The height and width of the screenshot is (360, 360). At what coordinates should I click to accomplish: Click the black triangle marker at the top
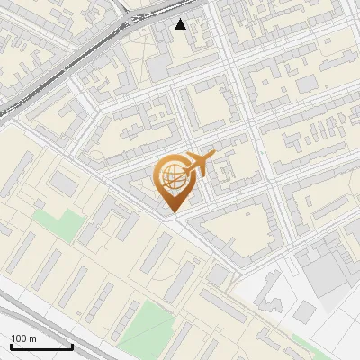coord(181,24)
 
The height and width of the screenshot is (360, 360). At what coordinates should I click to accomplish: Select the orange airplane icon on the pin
coord(199,163)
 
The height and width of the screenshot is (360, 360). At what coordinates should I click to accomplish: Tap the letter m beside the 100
coord(33,338)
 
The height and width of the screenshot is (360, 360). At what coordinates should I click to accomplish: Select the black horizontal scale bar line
coord(41,346)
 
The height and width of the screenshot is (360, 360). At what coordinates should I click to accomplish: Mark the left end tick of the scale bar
coord(11,345)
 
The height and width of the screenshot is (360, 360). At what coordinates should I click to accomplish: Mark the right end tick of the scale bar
coord(72,345)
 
